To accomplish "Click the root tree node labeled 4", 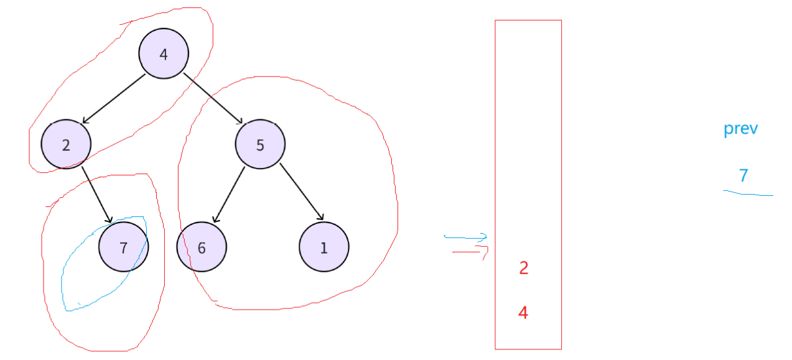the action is pyautogui.click(x=164, y=54).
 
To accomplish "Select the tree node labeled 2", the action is pyautogui.click(x=66, y=144).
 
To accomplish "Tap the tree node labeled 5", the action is pyautogui.click(x=260, y=144).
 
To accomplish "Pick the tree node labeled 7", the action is pyautogui.click(x=123, y=247).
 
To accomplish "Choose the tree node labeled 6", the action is pyautogui.click(x=202, y=247).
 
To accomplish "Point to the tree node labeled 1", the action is pyautogui.click(x=324, y=247).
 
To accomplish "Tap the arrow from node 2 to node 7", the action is pyautogui.click(x=97, y=195).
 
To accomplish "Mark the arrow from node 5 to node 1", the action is pyautogui.click(x=302, y=192).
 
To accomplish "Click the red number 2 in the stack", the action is pyautogui.click(x=523, y=268).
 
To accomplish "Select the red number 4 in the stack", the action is pyautogui.click(x=523, y=313).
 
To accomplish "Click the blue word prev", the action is pyautogui.click(x=740, y=129).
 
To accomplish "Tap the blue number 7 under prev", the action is pyautogui.click(x=743, y=176).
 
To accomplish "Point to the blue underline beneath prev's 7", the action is pyautogui.click(x=748, y=194).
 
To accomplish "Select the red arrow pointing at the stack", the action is pyautogui.click(x=470, y=251).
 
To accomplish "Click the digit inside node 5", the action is pyautogui.click(x=260, y=145).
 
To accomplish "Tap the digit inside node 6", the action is pyautogui.click(x=202, y=248).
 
